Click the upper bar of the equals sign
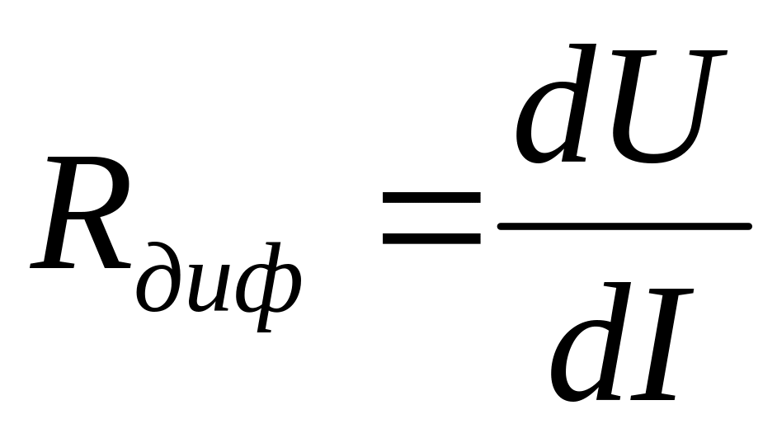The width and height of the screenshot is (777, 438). (431, 197)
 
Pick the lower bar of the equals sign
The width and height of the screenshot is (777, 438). (431, 238)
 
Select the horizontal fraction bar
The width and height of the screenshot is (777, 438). (624, 225)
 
